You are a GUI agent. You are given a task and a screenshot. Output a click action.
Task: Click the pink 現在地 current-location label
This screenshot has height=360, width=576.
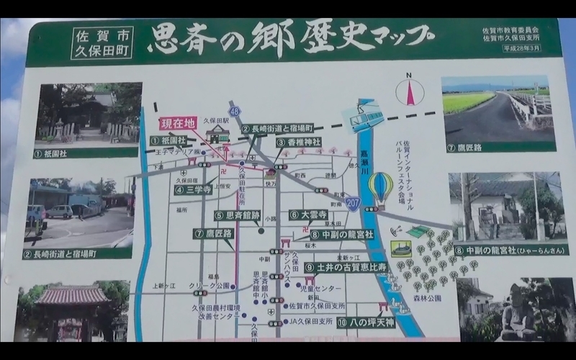177,123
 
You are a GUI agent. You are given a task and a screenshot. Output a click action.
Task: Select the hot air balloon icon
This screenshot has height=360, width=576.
381,187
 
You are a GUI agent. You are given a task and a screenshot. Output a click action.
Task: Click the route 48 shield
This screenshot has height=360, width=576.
235,110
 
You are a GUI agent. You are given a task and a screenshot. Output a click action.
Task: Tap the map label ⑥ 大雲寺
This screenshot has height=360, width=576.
309,215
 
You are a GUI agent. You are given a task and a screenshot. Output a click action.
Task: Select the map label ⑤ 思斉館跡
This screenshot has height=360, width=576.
237,215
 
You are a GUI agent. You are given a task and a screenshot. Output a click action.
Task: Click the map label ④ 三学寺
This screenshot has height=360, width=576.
192,191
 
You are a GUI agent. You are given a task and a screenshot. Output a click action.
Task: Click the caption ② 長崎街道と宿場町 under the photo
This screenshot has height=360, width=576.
78,253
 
